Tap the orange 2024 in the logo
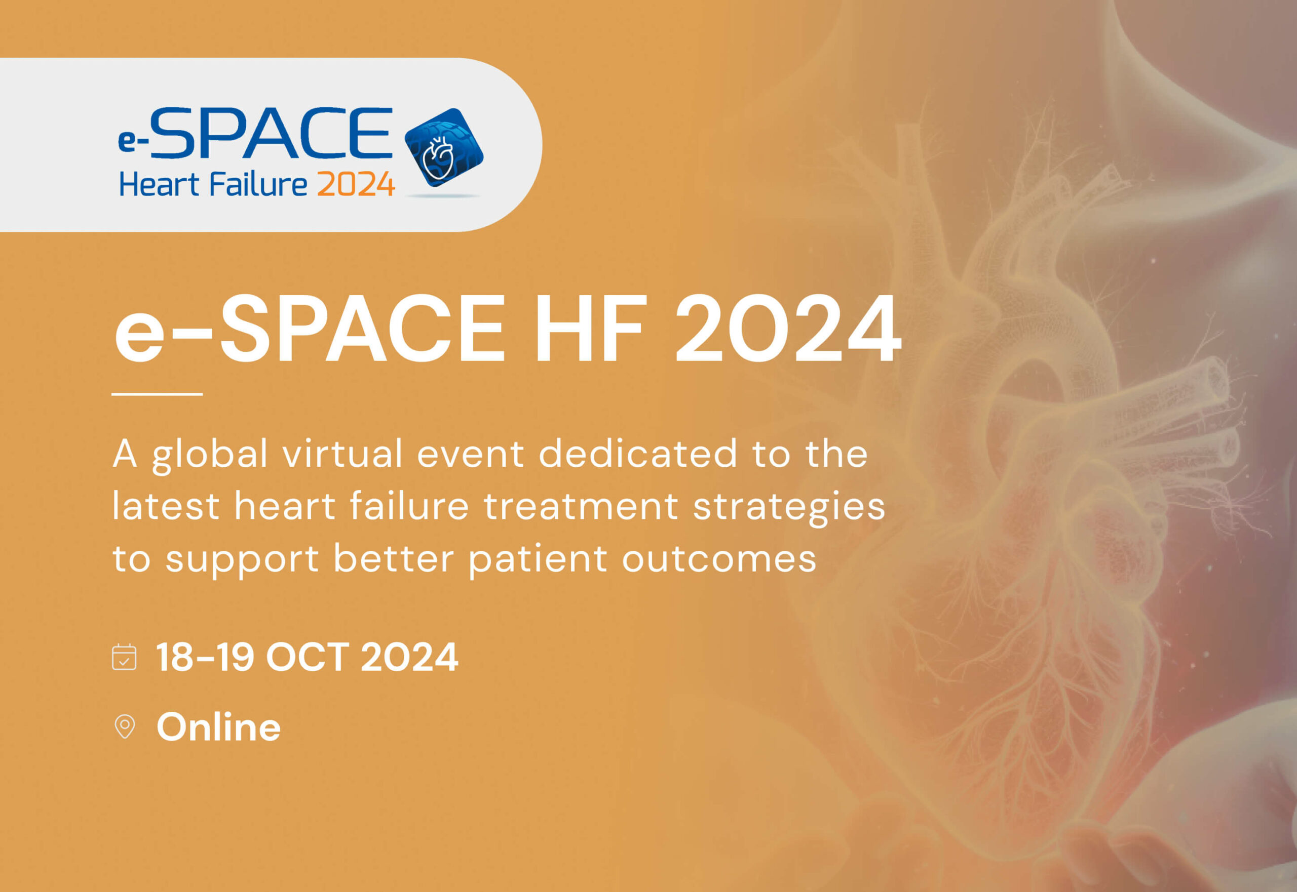[x=356, y=185]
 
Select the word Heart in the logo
[x=159, y=185]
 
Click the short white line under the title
[x=157, y=394]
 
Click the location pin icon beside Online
[x=124, y=727]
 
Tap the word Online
[x=218, y=727]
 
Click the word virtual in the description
[x=342, y=453]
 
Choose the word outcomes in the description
[x=719, y=558]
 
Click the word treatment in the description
[x=581, y=506]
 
